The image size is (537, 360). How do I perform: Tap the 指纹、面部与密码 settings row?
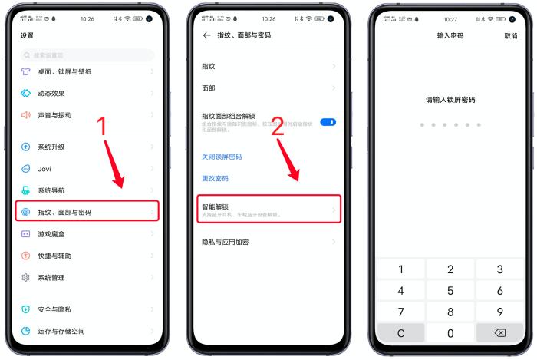87,212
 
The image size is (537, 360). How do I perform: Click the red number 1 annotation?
103,128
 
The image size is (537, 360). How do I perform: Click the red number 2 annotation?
278,127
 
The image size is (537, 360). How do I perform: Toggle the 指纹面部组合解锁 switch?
328,122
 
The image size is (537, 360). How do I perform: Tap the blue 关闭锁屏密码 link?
222,157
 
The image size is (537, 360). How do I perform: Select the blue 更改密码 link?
215,178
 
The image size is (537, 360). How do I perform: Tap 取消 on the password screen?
510,36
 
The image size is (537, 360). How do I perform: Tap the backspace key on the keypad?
499,333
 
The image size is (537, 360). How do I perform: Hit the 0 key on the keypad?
450,333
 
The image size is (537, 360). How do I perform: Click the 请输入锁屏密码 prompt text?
450,100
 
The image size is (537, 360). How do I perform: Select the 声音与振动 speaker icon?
25,115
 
